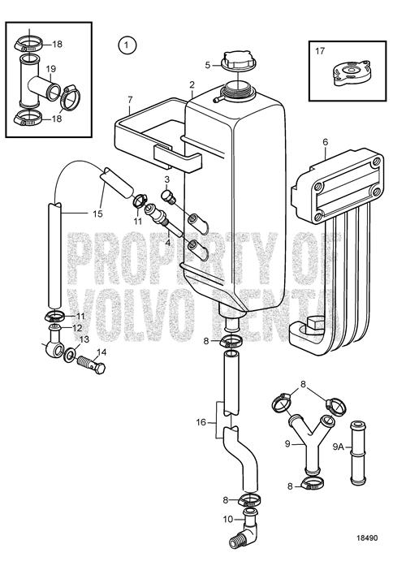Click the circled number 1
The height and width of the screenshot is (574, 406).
[127, 45]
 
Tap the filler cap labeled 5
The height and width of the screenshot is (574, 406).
[239, 61]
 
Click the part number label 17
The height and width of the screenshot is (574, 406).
[320, 51]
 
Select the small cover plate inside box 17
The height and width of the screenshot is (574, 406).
[352, 72]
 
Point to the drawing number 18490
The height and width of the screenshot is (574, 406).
[367, 537]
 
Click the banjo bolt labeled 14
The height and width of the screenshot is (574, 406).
[91, 364]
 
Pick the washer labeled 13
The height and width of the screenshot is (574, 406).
[69, 355]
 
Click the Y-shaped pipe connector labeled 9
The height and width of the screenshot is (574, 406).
[311, 444]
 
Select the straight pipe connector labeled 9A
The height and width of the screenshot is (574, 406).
[357, 453]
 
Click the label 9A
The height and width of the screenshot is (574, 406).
[339, 447]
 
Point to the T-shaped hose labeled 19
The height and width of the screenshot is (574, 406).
[36, 84]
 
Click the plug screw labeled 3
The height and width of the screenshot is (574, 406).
[169, 196]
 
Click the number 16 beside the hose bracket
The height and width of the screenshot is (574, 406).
[201, 422]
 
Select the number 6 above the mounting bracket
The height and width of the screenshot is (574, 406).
[326, 141]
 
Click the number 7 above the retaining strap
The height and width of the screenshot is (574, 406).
[130, 99]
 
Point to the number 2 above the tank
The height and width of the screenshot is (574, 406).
[192, 84]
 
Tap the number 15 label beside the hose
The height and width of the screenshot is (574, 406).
[97, 214]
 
